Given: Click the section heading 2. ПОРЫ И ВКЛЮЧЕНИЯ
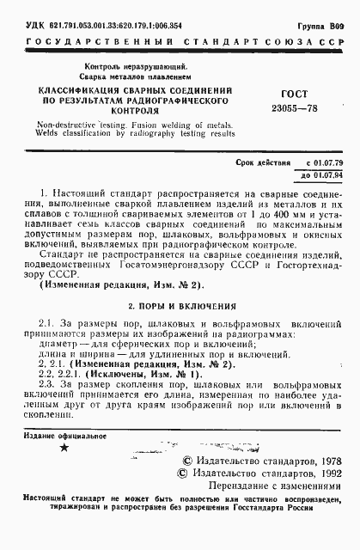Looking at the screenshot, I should (x=179, y=305).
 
